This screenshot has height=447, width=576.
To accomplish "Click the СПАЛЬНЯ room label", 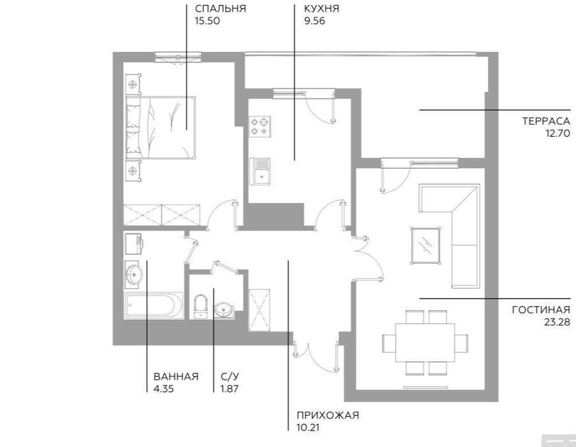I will click(x=220, y=9).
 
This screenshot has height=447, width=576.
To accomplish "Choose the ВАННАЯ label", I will click(x=176, y=377).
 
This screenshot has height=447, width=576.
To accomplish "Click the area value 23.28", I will click(x=555, y=322).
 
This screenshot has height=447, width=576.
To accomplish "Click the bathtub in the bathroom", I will click(x=153, y=306).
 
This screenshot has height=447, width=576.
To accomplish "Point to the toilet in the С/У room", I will click(x=199, y=305).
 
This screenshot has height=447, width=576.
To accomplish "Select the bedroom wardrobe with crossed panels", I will click(x=162, y=214).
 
